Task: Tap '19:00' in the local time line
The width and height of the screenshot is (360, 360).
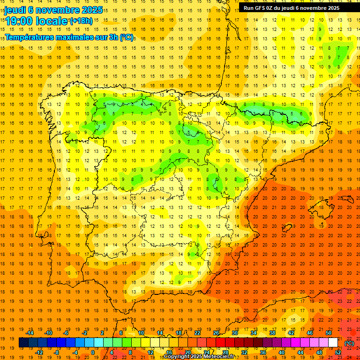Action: pos(22,21)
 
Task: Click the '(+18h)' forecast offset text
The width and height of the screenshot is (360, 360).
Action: pos(81,21)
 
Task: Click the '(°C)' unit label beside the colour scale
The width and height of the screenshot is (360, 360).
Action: pos(349,343)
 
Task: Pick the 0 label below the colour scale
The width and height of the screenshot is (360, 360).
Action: pos(93,352)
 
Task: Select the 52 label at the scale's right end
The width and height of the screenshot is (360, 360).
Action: pos(338,352)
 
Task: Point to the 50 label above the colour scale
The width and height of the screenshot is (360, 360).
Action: pos(329,333)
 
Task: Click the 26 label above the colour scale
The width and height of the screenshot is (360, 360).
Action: pos(216,333)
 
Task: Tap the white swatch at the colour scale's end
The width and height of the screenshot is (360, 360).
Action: pos(333,343)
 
